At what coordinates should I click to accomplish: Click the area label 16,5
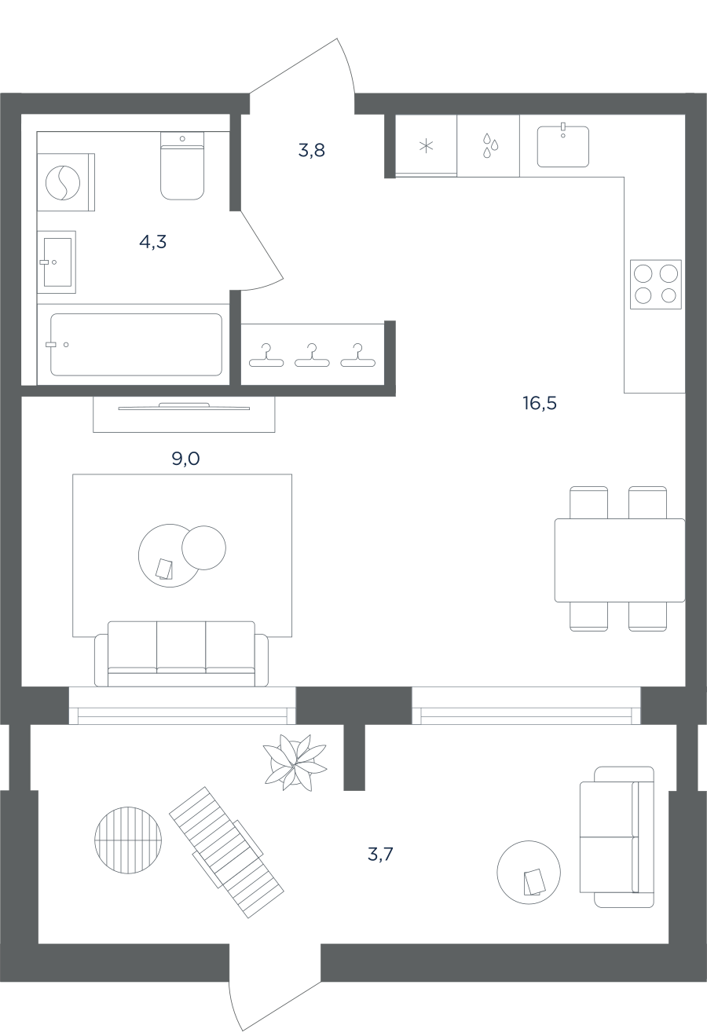(x=540, y=403)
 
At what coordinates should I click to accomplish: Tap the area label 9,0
(x=185, y=459)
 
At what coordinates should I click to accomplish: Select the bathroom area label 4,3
(x=152, y=241)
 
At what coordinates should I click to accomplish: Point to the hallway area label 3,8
(x=311, y=150)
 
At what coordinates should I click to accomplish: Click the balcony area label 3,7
(x=380, y=855)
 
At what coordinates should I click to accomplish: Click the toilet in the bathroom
(x=182, y=166)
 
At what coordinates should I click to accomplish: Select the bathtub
(x=136, y=345)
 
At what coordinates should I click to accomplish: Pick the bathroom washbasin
(x=57, y=262)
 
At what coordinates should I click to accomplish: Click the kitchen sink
(x=563, y=145)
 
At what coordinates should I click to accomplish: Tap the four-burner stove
(x=656, y=284)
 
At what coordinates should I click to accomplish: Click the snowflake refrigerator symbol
(x=426, y=147)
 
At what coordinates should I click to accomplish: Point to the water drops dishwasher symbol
(x=490, y=145)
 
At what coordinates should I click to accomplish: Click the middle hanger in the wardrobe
(x=313, y=355)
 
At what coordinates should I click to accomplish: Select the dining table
(x=620, y=560)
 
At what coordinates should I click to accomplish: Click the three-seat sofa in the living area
(x=181, y=653)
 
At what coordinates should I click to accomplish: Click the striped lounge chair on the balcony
(x=227, y=852)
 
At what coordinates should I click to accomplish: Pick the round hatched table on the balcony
(x=128, y=840)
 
